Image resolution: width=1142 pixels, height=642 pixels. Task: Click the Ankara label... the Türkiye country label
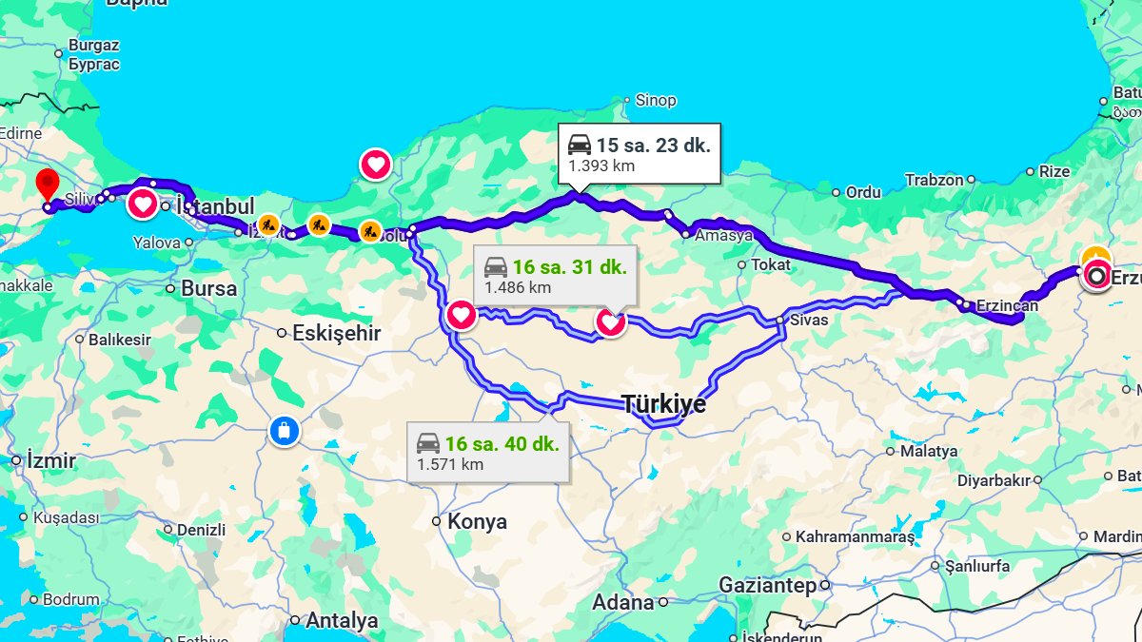click(664, 404)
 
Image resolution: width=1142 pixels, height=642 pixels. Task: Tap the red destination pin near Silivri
click(47, 185)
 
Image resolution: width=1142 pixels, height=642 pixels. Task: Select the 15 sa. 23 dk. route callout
click(639, 153)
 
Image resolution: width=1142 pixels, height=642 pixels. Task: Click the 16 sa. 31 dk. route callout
click(555, 275)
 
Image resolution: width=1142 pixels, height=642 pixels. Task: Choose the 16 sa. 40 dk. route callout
click(488, 452)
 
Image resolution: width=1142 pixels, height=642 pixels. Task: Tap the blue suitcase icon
click(284, 430)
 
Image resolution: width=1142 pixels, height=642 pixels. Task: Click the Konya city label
click(477, 521)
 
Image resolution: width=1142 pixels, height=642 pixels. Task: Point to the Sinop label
click(655, 100)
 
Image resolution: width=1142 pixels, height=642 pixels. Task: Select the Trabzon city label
click(935, 179)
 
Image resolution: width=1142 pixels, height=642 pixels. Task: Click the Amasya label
click(723, 235)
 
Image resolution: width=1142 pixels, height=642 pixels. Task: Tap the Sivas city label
click(809, 320)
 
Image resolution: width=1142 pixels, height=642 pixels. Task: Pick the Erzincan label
click(1007, 305)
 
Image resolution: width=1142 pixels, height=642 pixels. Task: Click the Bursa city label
click(208, 288)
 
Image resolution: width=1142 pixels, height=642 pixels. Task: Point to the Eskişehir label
click(336, 333)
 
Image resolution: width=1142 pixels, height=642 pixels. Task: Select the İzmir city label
click(51, 460)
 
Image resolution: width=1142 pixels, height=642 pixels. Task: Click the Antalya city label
click(341, 621)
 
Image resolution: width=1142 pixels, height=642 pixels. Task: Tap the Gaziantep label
click(768, 585)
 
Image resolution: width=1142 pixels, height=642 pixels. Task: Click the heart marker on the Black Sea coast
click(376, 165)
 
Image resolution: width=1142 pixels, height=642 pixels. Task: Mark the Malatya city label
click(928, 451)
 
